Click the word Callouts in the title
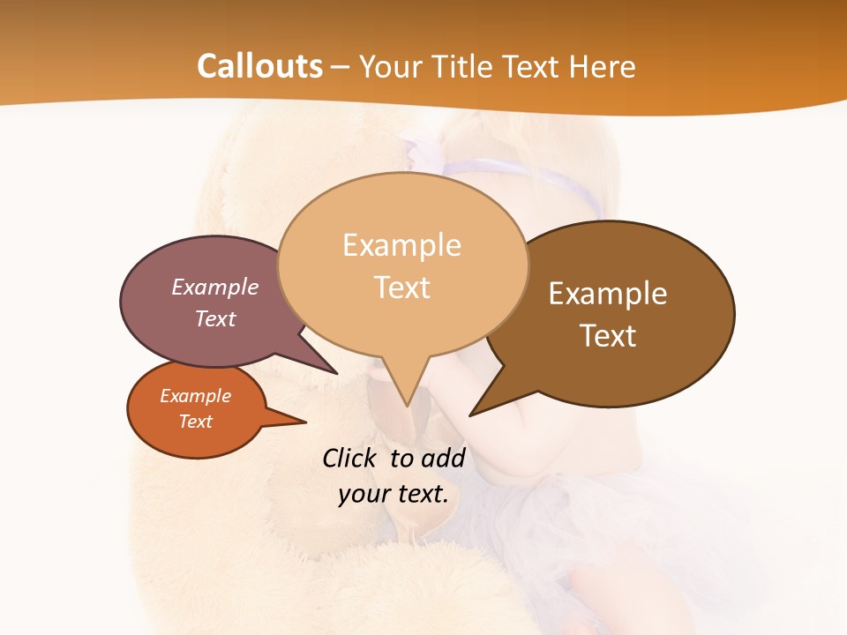coord(259,66)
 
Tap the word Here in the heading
coord(603,66)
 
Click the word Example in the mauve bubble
coord(214,287)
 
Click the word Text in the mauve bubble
coord(214,318)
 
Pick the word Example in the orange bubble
coord(195,396)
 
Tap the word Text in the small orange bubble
coord(195,422)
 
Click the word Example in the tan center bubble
coord(401,245)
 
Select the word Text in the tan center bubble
coord(401,288)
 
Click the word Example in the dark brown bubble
coord(608,294)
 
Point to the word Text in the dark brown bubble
coord(608,335)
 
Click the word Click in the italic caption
coord(349,458)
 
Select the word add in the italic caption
coord(443,458)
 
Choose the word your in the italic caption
coord(364,494)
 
